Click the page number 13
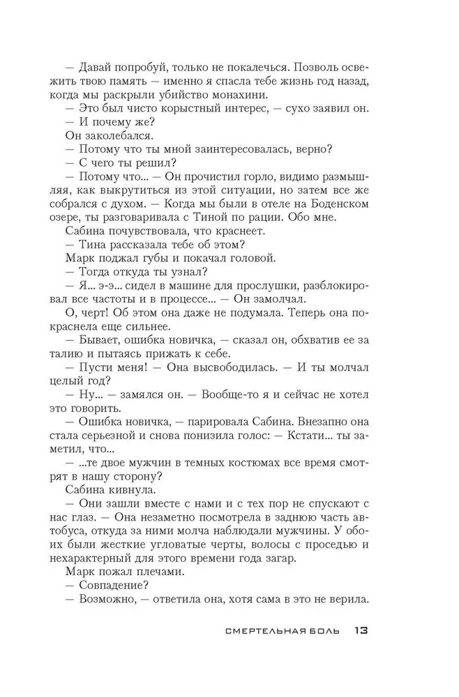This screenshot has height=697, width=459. tap(360, 631)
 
